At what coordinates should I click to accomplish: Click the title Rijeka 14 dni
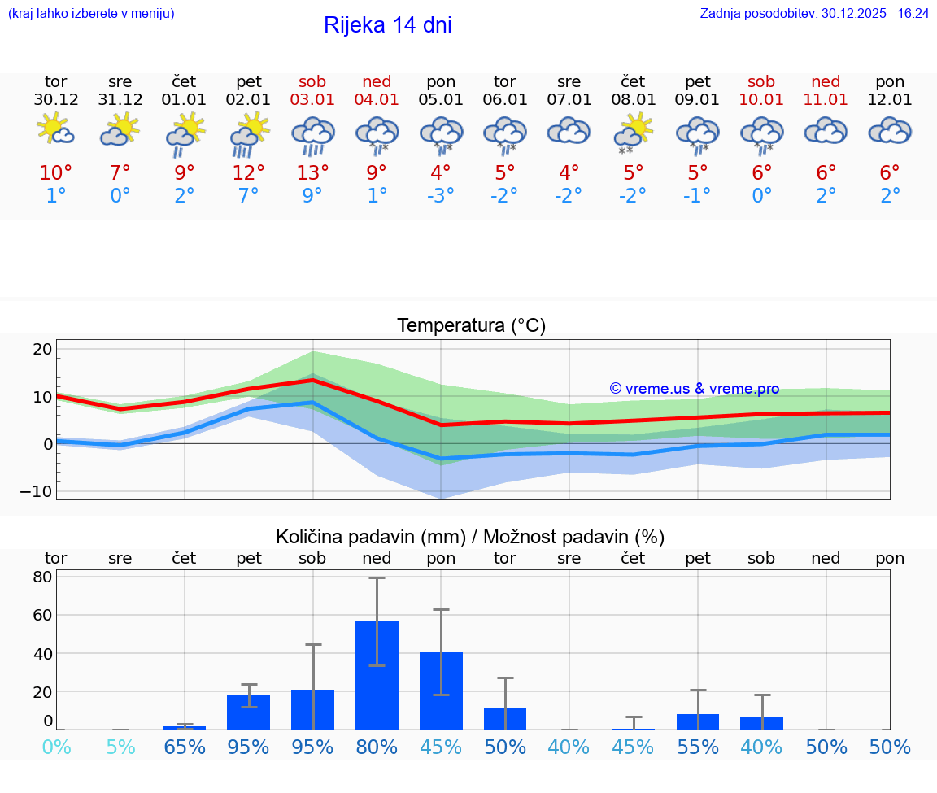click(387, 25)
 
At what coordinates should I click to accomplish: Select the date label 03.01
click(312, 100)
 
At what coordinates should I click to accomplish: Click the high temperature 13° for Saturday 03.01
click(312, 173)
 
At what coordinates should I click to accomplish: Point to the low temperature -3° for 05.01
click(441, 196)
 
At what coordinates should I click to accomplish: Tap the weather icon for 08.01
click(633, 132)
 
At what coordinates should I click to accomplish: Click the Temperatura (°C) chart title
click(471, 326)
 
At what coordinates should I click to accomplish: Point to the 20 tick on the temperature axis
click(42, 349)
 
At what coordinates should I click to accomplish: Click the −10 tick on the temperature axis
click(38, 491)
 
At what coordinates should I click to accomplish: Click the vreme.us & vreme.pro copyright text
click(695, 389)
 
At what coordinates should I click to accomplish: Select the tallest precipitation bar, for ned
click(377, 675)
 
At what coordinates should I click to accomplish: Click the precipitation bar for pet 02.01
click(248, 712)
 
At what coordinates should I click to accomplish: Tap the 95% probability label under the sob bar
click(312, 747)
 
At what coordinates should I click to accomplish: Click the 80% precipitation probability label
click(377, 747)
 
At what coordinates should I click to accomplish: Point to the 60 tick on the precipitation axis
click(42, 615)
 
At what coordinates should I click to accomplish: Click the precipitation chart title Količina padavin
click(470, 537)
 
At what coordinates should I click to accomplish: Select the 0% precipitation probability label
click(56, 747)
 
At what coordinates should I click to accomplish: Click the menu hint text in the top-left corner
click(90, 13)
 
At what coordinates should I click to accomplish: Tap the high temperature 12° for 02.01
click(248, 173)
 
